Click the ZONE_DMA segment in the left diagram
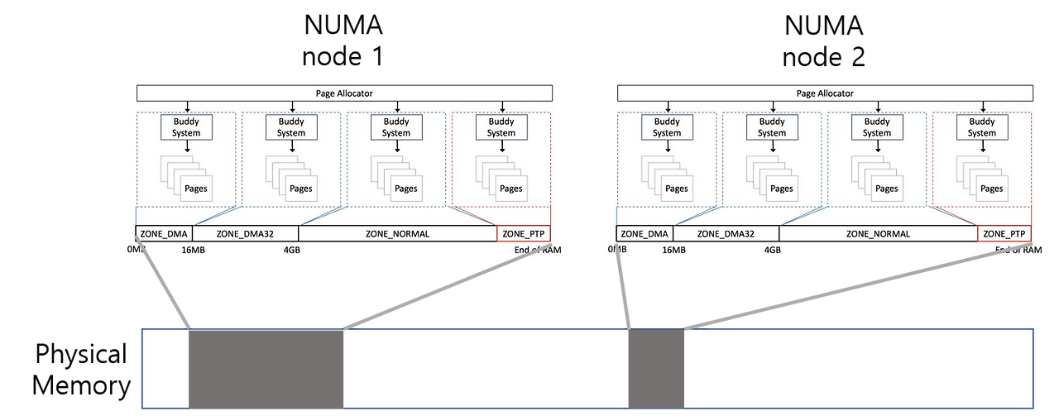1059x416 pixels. coord(164,233)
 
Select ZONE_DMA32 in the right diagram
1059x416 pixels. coord(726,233)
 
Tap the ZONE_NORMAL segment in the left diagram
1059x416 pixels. coord(397,233)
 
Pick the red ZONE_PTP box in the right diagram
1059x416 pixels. coord(1004,233)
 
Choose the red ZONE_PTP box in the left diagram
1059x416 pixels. coord(523,233)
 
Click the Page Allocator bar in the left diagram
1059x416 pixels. coord(344,93)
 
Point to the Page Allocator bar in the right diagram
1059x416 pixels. coord(825,93)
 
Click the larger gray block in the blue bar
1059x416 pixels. coord(266,369)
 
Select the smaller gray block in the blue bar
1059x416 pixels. coord(656,369)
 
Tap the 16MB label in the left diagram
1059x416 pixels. coord(192,250)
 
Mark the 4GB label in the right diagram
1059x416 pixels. coord(772,250)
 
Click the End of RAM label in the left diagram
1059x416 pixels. coord(538,250)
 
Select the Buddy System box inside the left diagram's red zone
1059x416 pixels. coord(501,127)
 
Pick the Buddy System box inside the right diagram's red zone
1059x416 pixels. coord(981,127)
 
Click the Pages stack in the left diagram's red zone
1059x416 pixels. coord(501,178)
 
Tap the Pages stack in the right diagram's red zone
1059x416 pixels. coord(982,178)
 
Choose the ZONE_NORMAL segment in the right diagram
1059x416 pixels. coord(878,233)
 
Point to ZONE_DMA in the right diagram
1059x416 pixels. coord(645,233)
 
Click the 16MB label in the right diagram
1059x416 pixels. coord(673,250)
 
